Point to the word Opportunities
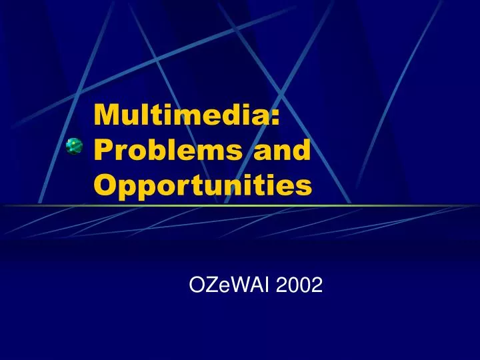203,184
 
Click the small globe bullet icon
74,145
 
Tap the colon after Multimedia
275,117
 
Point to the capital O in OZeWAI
197,285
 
